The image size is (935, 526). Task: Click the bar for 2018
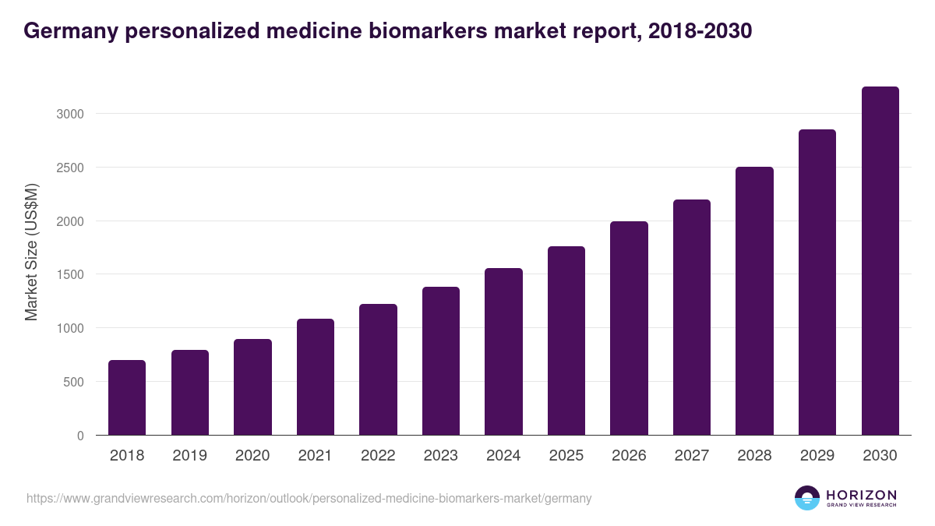click(x=127, y=397)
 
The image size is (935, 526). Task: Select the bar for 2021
click(x=315, y=377)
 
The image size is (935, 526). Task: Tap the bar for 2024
click(x=503, y=351)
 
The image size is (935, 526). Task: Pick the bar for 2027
click(x=692, y=317)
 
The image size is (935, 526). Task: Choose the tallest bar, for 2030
click(x=880, y=261)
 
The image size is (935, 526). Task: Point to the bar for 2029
click(x=817, y=282)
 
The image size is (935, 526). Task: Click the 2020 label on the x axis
click(x=252, y=456)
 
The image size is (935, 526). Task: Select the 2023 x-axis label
click(x=441, y=456)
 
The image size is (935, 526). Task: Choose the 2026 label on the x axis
click(x=629, y=456)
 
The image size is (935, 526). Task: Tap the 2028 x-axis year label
click(x=754, y=456)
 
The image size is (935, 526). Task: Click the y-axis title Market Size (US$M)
click(x=31, y=252)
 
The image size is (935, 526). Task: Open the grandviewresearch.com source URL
click(x=309, y=498)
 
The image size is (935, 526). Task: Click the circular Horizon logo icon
click(x=807, y=498)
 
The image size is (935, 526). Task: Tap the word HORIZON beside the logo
click(x=861, y=495)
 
